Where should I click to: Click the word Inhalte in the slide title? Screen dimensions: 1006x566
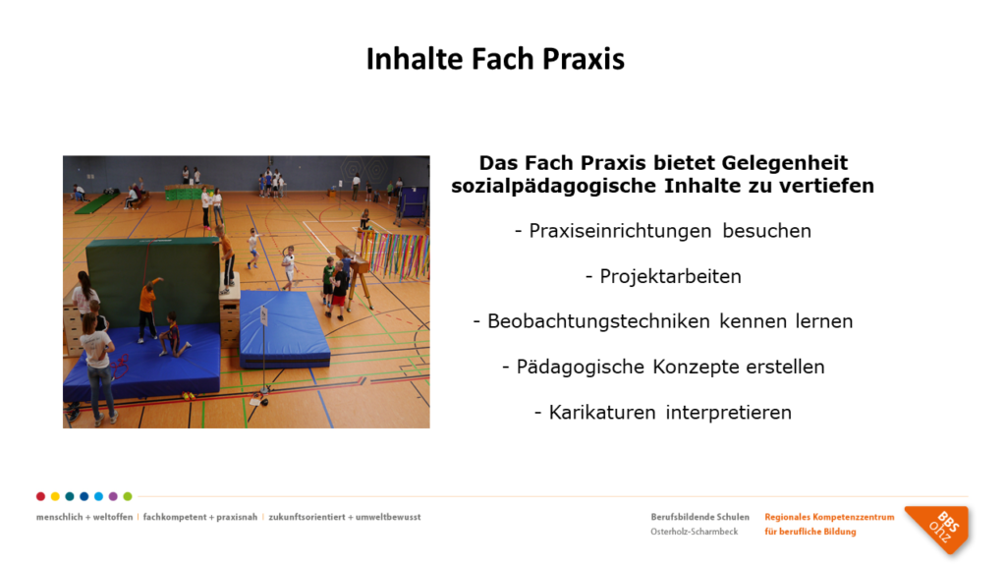pos(415,58)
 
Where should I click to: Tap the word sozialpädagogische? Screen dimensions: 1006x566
pos(554,186)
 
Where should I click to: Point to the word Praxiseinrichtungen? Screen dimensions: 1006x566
pos(621,231)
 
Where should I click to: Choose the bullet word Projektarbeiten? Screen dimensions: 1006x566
pos(670,276)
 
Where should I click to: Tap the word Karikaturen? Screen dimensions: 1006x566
pos(602,412)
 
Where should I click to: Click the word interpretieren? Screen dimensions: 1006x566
pos(729,413)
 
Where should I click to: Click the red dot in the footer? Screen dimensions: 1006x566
pos(40,496)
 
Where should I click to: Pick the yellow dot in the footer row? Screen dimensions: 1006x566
pos(55,496)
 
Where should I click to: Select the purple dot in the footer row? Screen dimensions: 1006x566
pos(113,496)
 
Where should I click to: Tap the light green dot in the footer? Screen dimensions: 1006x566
pos(128,496)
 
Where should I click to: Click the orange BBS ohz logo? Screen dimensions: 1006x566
pos(938,529)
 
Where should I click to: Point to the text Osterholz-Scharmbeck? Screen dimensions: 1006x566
pos(695,532)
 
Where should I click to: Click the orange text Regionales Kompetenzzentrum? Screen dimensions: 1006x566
pos(829,517)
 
